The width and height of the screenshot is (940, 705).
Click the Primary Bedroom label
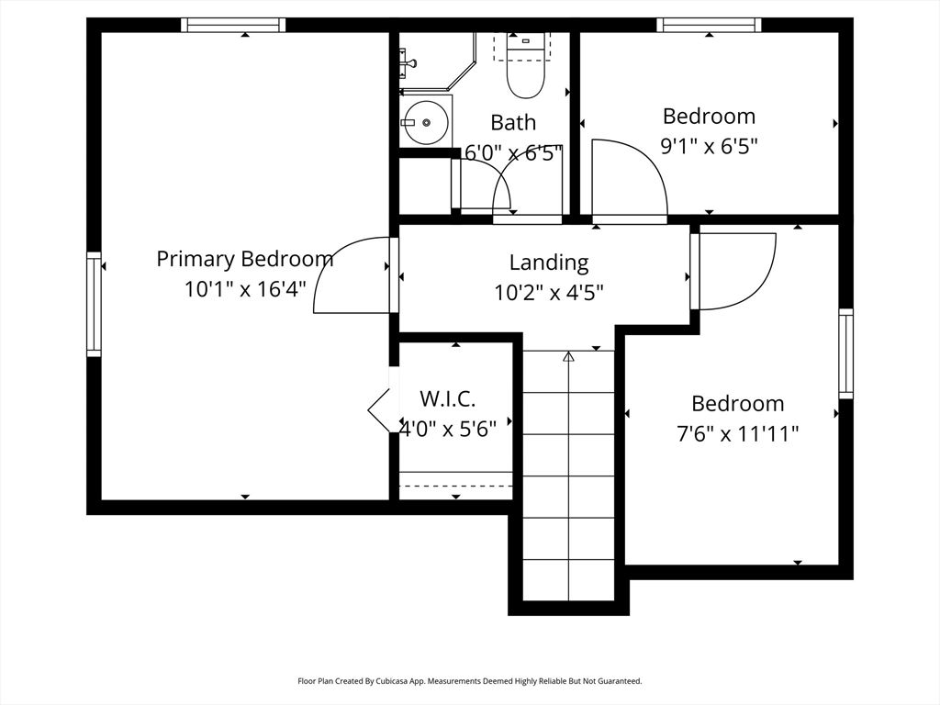(244, 259)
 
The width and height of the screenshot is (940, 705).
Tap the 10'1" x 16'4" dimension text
(245, 289)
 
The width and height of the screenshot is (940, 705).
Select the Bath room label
(513, 122)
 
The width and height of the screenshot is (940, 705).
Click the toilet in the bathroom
(526, 66)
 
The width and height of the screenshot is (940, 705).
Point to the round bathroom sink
(425, 122)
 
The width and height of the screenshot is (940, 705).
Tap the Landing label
(549, 263)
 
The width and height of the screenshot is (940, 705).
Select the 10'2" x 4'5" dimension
(549, 293)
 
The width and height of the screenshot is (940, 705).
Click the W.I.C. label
(447, 398)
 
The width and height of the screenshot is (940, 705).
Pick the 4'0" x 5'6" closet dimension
(448, 429)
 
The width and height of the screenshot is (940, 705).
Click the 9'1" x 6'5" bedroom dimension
(710, 146)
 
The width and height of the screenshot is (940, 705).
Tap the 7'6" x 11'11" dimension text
(738, 433)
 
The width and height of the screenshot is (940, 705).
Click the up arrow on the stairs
(568, 357)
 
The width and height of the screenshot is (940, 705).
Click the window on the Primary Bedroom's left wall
(95, 305)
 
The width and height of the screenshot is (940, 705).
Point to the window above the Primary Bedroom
(233, 25)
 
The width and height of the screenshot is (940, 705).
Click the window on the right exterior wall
(845, 353)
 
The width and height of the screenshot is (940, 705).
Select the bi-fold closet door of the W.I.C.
(380, 410)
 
